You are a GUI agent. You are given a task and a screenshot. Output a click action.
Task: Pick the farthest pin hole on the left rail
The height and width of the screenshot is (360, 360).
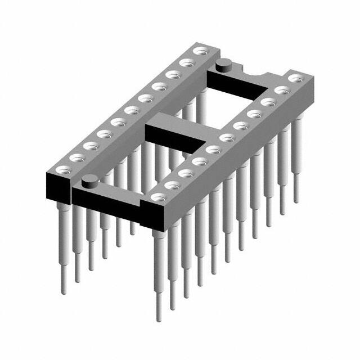(x=198, y=52)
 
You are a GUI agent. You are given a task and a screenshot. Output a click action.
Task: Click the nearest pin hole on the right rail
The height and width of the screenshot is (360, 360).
(x=159, y=197)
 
